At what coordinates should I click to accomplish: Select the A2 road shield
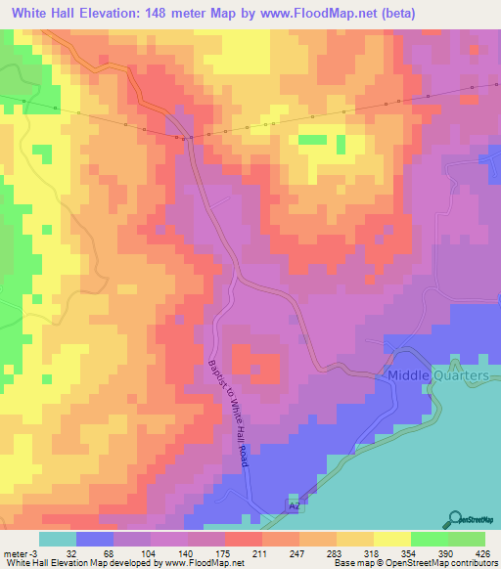[x=293, y=506]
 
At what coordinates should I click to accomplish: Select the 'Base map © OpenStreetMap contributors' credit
[x=414, y=564]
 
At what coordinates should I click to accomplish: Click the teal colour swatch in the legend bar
[x=57, y=540]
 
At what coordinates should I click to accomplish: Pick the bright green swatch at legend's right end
[x=467, y=540]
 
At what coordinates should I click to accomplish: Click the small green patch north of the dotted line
[x=312, y=139]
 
